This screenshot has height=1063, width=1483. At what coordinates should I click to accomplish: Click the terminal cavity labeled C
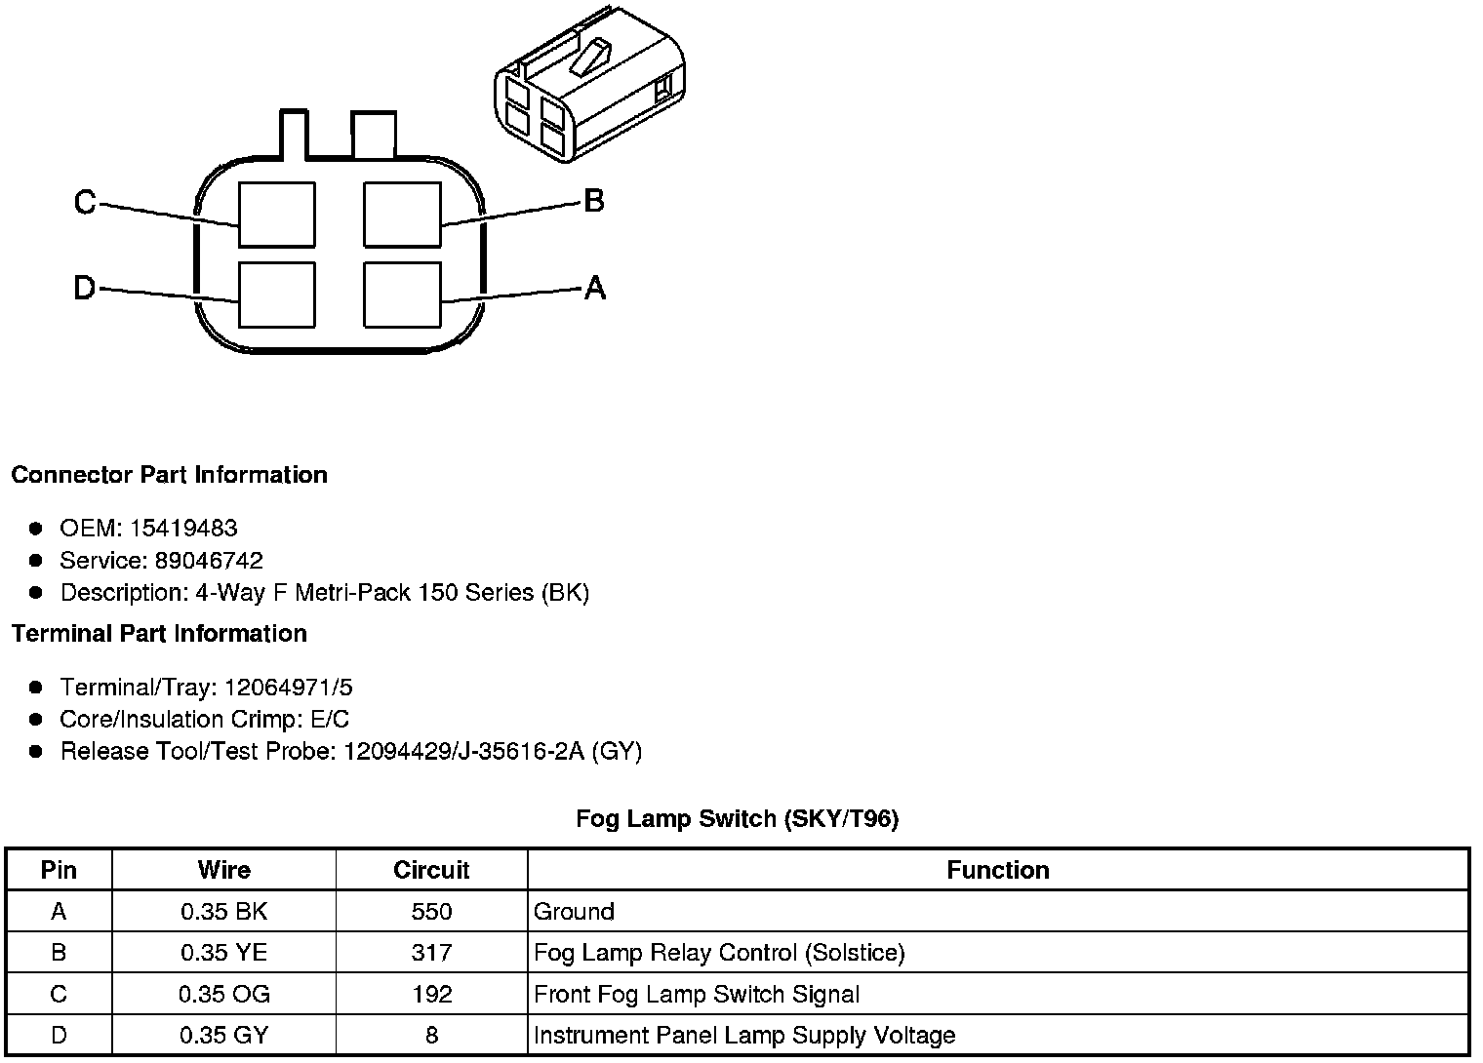tap(277, 215)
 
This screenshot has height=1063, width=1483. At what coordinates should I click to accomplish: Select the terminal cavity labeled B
tap(402, 215)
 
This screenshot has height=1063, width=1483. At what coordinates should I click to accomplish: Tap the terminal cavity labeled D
tap(277, 295)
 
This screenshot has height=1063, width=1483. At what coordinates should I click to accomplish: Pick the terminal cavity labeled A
tap(402, 295)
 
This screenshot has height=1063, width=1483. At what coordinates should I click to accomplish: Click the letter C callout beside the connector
tap(85, 203)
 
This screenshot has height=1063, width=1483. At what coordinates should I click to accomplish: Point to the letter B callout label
tap(594, 201)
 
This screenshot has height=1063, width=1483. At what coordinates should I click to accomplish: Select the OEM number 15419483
tap(183, 529)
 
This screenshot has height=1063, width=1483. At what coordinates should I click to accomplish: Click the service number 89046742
tap(209, 561)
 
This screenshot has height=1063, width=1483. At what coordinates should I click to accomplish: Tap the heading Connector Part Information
tap(169, 475)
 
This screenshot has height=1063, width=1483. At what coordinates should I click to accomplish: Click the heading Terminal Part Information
tap(159, 634)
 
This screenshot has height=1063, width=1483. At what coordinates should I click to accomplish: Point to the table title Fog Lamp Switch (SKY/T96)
tap(737, 819)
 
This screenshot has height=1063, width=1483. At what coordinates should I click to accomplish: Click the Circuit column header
tap(431, 870)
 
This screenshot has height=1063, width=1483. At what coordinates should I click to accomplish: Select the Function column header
tap(998, 870)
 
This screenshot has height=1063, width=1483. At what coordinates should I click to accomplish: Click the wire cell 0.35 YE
tap(223, 953)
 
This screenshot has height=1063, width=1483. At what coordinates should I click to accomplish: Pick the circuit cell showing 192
tap(431, 995)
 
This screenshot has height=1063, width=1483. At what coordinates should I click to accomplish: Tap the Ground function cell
tap(575, 912)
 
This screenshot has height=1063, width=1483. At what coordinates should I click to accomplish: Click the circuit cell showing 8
tap(431, 1036)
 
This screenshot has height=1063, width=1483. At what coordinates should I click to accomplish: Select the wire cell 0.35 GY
tap(223, 1036)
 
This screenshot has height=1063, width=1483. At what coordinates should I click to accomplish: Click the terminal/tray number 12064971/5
tap(289, 688)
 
